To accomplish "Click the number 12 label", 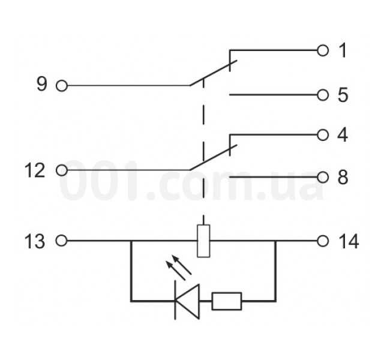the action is point(35,170).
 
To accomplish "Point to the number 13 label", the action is point(35,241).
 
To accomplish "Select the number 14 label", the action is point(349,241).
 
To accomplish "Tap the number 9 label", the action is point(41,84).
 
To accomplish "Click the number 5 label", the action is point(343,95).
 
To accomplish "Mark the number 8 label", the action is point(343,178).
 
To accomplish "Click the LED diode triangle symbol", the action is point(187,301).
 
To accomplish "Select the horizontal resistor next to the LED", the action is point(227,301).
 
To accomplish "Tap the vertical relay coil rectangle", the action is point(203,241).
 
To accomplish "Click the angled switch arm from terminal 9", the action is point(214,73).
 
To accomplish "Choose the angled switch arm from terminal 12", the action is point(214,157).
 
